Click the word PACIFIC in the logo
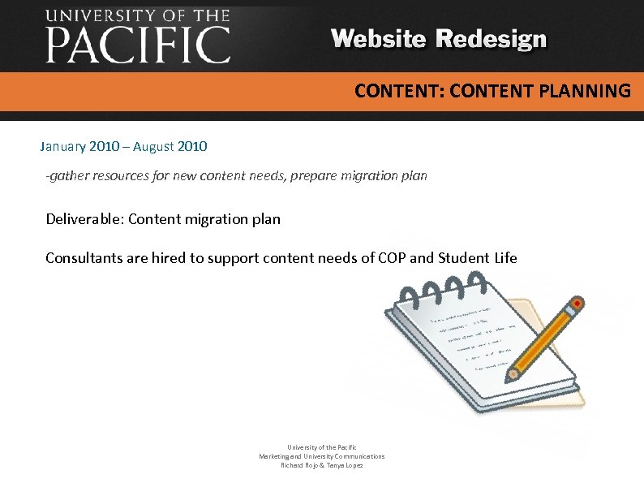pos(138,45)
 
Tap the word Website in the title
pos(379,39)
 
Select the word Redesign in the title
pos(492,39)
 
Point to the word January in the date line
pos(65,147)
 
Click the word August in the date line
pos(152,147)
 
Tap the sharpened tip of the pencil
pos(512,376)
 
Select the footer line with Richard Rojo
pos(322,465)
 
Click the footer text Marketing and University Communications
pos(322,456)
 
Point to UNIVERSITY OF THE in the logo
pos(138,15)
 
